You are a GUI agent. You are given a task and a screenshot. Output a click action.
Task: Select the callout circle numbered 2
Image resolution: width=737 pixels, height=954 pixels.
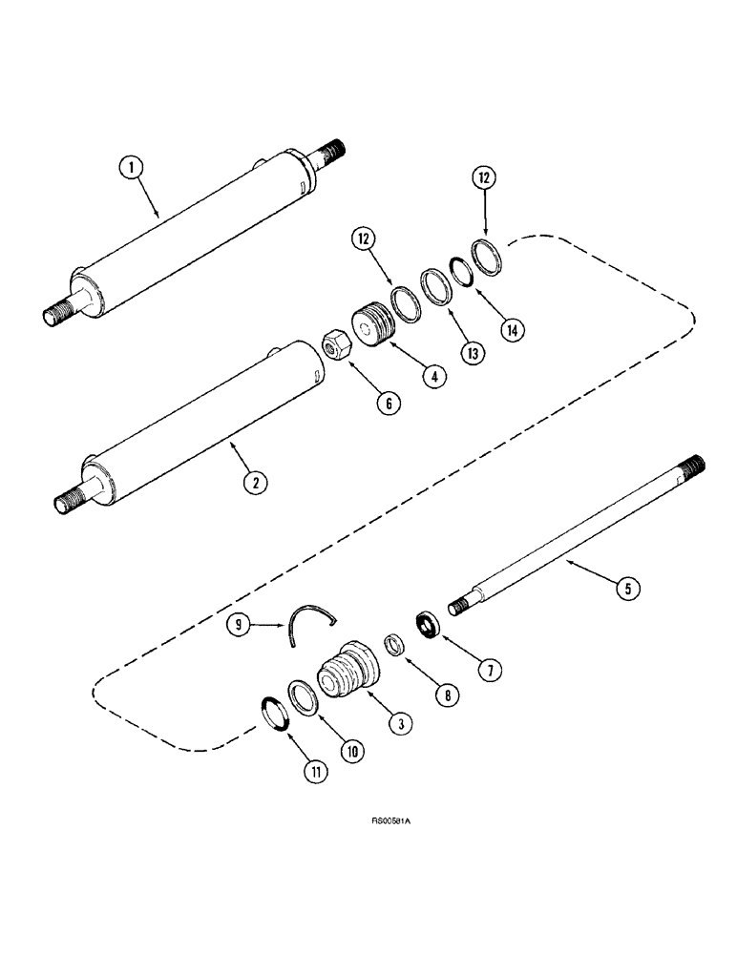(253, 482)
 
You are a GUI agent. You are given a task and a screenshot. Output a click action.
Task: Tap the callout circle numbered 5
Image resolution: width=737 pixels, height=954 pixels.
(625, 589)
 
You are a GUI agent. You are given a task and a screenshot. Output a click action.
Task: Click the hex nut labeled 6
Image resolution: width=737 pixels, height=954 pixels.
(336, 342)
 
